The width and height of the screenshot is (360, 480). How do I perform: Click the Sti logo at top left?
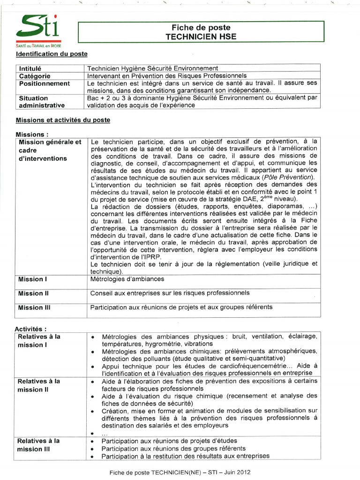click(38, 29)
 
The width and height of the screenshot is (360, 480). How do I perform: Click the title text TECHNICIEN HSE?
click(201, 37)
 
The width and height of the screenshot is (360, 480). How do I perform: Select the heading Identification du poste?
click(52, 54)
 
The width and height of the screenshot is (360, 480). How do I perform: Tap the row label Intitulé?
click(30, 68)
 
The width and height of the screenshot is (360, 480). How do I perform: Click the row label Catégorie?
click(35, 76)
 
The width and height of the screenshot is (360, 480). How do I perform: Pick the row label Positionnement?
click(45, 83)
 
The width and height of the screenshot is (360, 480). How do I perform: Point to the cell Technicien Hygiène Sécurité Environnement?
click(153, 68)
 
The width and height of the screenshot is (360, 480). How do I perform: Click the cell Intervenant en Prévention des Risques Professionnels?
click(166, 76)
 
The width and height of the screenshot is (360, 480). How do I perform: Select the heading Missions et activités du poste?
click(63, 120)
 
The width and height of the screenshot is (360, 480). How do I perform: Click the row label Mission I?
click(33, 279)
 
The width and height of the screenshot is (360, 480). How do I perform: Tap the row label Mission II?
click(34, 293)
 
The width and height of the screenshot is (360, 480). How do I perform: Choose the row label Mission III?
click(34, 308)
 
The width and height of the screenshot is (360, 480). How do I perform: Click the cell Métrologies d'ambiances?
click(127, 279)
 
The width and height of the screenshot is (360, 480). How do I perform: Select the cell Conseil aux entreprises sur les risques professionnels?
click(170, 293)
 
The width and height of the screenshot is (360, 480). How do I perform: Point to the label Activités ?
click(31, 329)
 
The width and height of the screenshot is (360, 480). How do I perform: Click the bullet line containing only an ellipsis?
click(105, 434)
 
